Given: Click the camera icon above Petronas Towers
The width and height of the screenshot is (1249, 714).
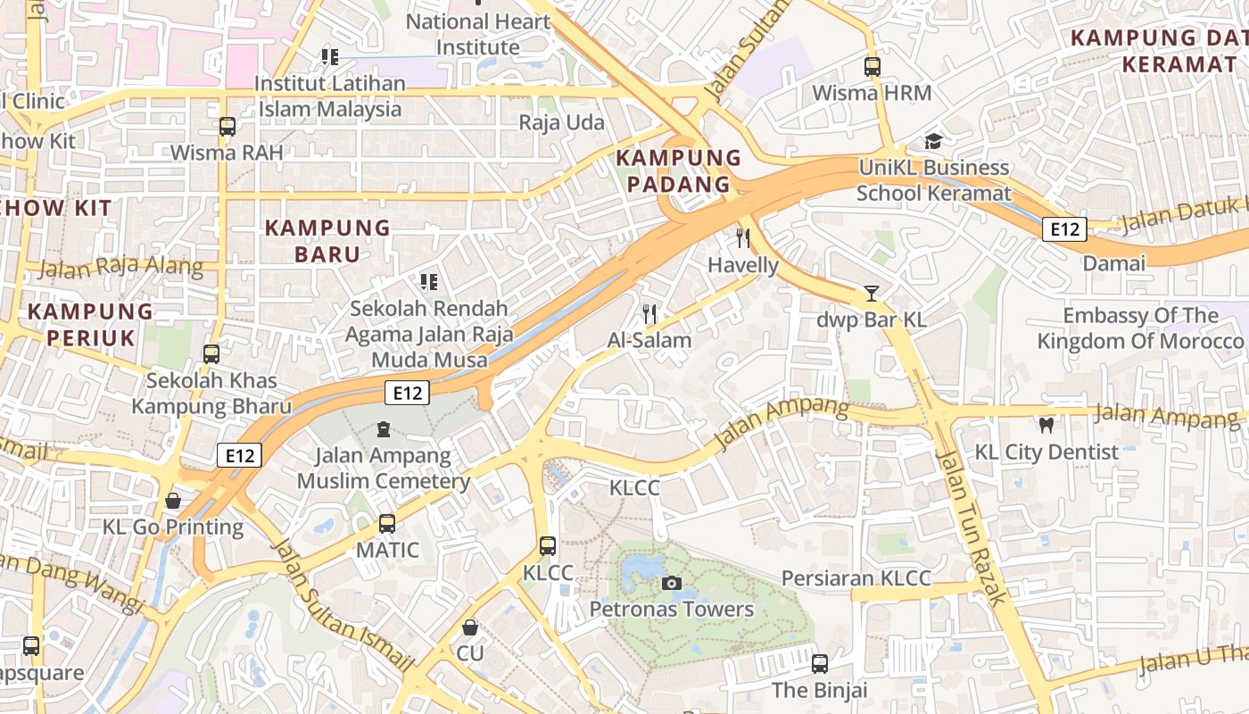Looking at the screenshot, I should click(672, 584).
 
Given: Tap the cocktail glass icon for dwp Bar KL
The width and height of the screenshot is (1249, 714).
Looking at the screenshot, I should click(871, 294).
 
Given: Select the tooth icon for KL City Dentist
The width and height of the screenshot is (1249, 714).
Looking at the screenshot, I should click(1046, 426).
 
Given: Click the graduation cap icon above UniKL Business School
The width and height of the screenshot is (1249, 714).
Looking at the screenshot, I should click(933, 141).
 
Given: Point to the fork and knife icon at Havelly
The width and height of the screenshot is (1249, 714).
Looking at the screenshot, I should click(742, 238).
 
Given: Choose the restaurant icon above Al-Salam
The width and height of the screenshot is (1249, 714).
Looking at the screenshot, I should click(649, 314).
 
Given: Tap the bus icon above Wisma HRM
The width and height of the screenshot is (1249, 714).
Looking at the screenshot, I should click(872, 67).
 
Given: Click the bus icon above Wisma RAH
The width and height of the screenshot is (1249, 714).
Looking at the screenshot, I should click(227, 127).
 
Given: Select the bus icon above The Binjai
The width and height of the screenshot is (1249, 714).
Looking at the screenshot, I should click(819, 664).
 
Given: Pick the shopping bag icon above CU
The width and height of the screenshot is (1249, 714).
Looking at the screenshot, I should click(470, 627).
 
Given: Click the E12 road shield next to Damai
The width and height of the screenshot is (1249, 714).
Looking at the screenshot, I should click(1064, 229).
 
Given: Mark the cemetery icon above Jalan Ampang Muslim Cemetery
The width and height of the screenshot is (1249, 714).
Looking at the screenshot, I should click(384, 430).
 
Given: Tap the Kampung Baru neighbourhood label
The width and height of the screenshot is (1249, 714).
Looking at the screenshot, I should click(327, 241).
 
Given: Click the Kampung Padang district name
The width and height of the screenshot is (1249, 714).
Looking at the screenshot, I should click(679, 171).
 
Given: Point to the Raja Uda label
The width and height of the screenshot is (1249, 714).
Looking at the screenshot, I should click(562, 122).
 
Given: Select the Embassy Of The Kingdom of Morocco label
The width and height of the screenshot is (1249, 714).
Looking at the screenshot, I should click(1139, 328).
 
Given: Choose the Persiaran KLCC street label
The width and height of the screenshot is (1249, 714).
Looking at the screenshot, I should click(856, 578).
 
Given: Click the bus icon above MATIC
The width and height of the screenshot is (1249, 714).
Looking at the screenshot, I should click(387, 524).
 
